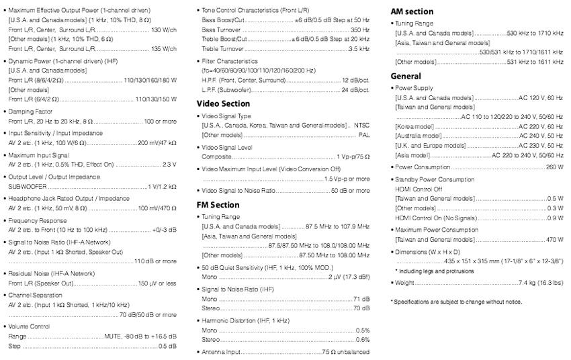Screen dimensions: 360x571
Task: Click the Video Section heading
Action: [223, 104]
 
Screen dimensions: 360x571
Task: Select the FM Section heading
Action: [218, 205]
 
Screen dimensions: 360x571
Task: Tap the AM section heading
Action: [412, 11]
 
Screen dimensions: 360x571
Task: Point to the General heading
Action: [406, 77]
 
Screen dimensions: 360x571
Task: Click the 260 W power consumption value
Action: [554, 167]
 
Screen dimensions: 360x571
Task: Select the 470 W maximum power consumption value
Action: [554, 240]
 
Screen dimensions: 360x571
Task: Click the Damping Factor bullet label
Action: [31, 111]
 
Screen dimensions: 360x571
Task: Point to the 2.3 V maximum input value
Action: [169, 165]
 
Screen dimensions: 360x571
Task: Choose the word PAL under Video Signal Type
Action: [363, 135]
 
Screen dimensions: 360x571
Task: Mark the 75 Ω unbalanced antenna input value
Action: [346, 352]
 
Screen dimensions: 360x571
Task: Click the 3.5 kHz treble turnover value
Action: [359, 49]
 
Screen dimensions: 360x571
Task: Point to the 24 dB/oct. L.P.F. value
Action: [355, 89]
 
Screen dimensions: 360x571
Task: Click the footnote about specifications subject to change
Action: [456, 302]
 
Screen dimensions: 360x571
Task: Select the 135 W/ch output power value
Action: [164, 49]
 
